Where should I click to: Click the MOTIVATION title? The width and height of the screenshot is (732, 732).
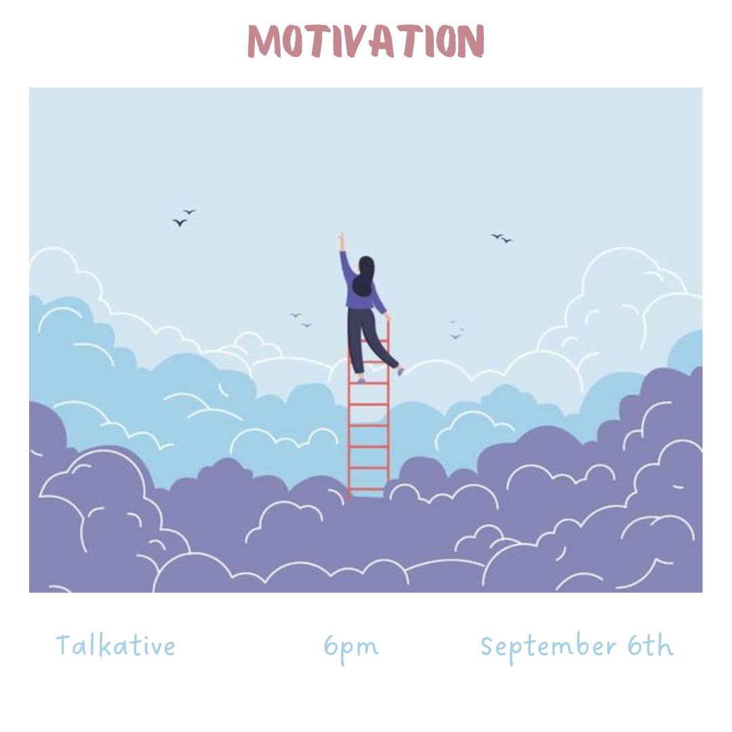pyautogui.click(x=366, y=41)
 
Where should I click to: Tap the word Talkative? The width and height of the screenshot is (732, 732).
pyautogui.click(x=115, y=645)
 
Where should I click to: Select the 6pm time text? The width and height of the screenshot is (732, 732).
pyautogui.click(x=351, y=648)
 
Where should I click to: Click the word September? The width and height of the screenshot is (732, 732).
pyautogui.click(x=549, y=647)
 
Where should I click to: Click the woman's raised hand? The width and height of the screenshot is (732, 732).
pyautogui.click(x=342, y=241)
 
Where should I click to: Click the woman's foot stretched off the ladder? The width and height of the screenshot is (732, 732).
pyautogui.click(x=400, y=371)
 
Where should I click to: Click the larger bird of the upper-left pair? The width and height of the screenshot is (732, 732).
pyautogui.click(x=180, y=222)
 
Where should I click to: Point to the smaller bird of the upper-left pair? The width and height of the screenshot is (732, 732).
pyautogui.click(x=190, y=211)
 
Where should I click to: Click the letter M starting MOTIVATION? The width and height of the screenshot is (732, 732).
pyautogui.click(x=264, y=41)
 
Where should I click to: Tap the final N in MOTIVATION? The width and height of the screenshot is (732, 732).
pyautogui.click(x=470, y=41)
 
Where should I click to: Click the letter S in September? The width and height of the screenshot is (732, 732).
pyautogui.click(x=487, y=646)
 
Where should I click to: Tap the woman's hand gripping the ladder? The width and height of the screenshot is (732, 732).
pyautogui.click(x=387, y=317)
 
